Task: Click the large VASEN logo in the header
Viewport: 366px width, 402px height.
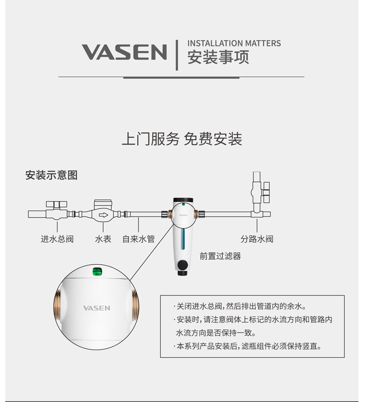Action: (x=124, y=52)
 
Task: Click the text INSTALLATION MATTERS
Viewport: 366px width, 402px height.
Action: (x=234, y=43)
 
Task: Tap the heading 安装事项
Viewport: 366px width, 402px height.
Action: (x=218, y=57)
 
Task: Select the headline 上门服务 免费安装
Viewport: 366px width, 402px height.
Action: (x=182, y=139)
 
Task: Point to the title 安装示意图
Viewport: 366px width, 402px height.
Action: (x=51, y=175)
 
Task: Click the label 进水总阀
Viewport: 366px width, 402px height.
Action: (x=57, y=239)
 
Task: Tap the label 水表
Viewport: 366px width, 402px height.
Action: (x=103, y=239)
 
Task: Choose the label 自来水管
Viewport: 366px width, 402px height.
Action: (x=139, y=239)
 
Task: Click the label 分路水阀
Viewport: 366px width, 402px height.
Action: (x=257, y=239)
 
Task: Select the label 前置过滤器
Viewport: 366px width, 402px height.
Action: (x=220, y=256)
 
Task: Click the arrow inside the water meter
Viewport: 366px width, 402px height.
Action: (x=103, y=215)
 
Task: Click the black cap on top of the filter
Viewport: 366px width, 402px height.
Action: (x=183, y=200)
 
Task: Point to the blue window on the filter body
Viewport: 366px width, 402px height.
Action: (x=183, y=239)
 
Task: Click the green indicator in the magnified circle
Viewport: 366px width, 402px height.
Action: (x=97, y=272)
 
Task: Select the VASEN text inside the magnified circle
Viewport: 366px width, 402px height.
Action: (x=96, y=308)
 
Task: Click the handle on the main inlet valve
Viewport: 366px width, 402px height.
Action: (x=57, y=204)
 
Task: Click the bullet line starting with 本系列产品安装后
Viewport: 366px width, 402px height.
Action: (x=247, y=346)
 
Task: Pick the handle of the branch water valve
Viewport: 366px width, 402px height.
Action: (x=267, y=192)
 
